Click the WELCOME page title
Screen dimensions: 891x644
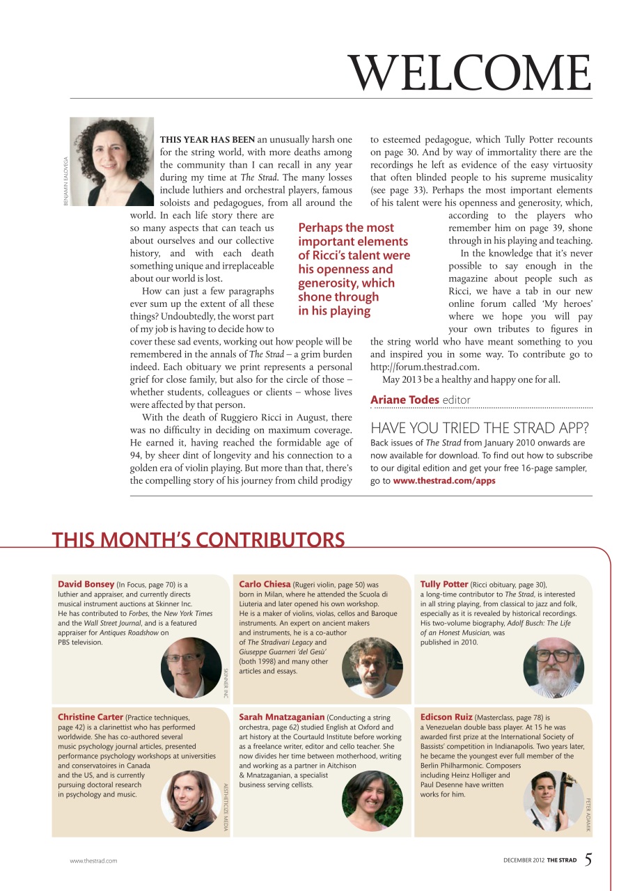pyautogui.click(x=470, y=72)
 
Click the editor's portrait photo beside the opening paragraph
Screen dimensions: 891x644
pyautogui.click(x=111, y=161)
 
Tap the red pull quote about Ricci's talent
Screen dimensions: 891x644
pyautogui.click(x=354, y=269)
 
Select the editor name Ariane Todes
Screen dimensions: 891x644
pyautogui.click(x=405, y=400)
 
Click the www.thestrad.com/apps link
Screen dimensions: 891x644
pyautogui.click(x=444, y=481)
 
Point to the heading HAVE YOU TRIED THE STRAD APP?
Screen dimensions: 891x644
pyautogui.click(x=480, y=428)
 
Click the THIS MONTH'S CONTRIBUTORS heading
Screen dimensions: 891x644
pyautogui.click(x=198, y=540)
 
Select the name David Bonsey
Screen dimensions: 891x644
pyautogui.click(x=86, y=584)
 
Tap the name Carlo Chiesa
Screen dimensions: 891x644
pyautogui.click(x=265, y=584)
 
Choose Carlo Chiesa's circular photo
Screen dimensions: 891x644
pyautogui.click(x=372, y=668)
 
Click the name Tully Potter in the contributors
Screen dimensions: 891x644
pyautogui.click(x=444, y=584)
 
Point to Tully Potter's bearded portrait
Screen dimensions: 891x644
pyautogui.click(x=553, y=668)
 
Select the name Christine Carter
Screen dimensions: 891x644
pyautogui.click(x=91, y=716)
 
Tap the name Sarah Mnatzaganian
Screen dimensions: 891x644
pyautogui.click(x=281, y=716)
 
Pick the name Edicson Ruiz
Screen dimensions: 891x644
pyautogui.click(x=446, y=716)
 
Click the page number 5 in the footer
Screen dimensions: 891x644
pyautogui.click(x=588, y=859)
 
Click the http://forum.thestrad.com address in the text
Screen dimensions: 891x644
pyautogui.click(x=425, y=367)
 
